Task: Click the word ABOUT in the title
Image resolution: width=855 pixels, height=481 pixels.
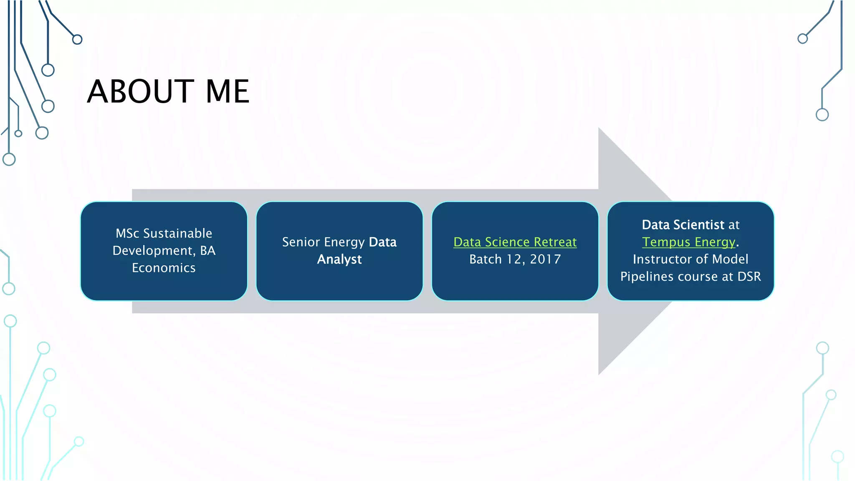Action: click(140, 91)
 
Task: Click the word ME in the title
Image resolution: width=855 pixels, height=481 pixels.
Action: click(228, 91)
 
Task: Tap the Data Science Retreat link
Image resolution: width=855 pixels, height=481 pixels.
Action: click(515, 242)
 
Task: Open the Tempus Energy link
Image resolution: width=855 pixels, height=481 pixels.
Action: click(688, 242)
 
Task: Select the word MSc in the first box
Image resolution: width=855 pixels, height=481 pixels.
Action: click(127, 233)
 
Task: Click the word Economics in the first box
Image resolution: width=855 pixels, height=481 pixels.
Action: click(164, 268)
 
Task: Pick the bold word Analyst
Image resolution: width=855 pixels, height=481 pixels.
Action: click(339, 259)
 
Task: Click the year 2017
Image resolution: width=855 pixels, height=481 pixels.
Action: click(545, 259)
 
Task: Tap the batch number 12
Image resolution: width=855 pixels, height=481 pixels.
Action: click(514, 259)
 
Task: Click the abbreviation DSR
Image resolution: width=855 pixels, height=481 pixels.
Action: click(749, 276)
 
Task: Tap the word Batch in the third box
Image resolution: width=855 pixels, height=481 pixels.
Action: click(486, 259)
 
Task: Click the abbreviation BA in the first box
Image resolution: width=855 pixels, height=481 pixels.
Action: click(207, 251)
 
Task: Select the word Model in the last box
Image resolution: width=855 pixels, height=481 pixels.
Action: click(730, 259)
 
